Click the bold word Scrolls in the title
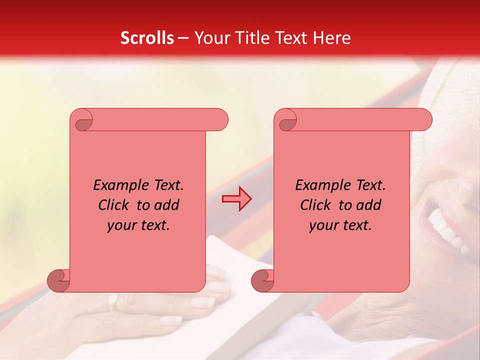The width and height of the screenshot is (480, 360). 147,38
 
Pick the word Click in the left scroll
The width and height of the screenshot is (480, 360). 115,205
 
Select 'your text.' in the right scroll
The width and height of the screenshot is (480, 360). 340,225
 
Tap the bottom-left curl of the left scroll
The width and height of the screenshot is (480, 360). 58,281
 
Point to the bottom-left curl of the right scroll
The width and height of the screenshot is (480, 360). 262,281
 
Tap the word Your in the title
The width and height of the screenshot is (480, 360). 210,38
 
